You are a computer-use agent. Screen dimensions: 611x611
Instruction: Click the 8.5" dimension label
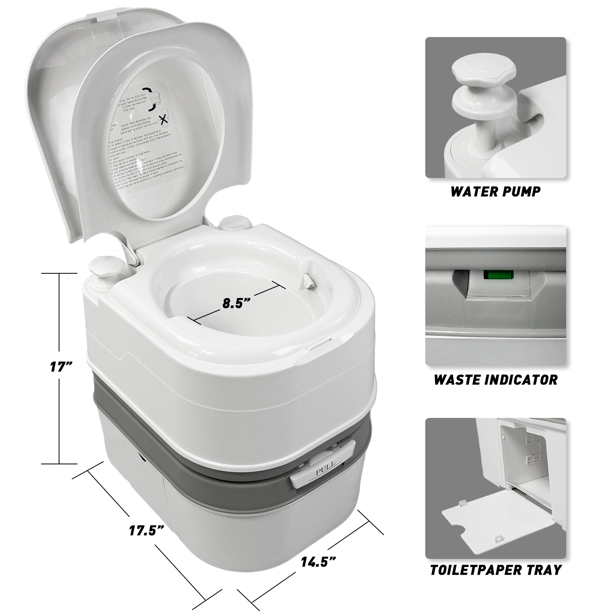[236, 303]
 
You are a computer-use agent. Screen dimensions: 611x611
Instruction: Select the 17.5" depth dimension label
[147, 531]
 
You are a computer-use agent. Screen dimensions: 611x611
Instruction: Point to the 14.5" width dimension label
[318, 562]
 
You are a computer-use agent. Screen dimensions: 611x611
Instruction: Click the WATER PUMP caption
[495, 191]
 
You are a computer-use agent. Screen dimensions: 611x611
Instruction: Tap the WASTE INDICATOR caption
[495, 380]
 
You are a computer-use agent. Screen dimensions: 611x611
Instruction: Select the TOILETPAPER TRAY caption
[495, 569]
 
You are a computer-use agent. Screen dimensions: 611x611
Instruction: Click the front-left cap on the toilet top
[103, 267]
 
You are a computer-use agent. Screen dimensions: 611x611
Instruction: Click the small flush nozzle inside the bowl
[308, 281]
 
